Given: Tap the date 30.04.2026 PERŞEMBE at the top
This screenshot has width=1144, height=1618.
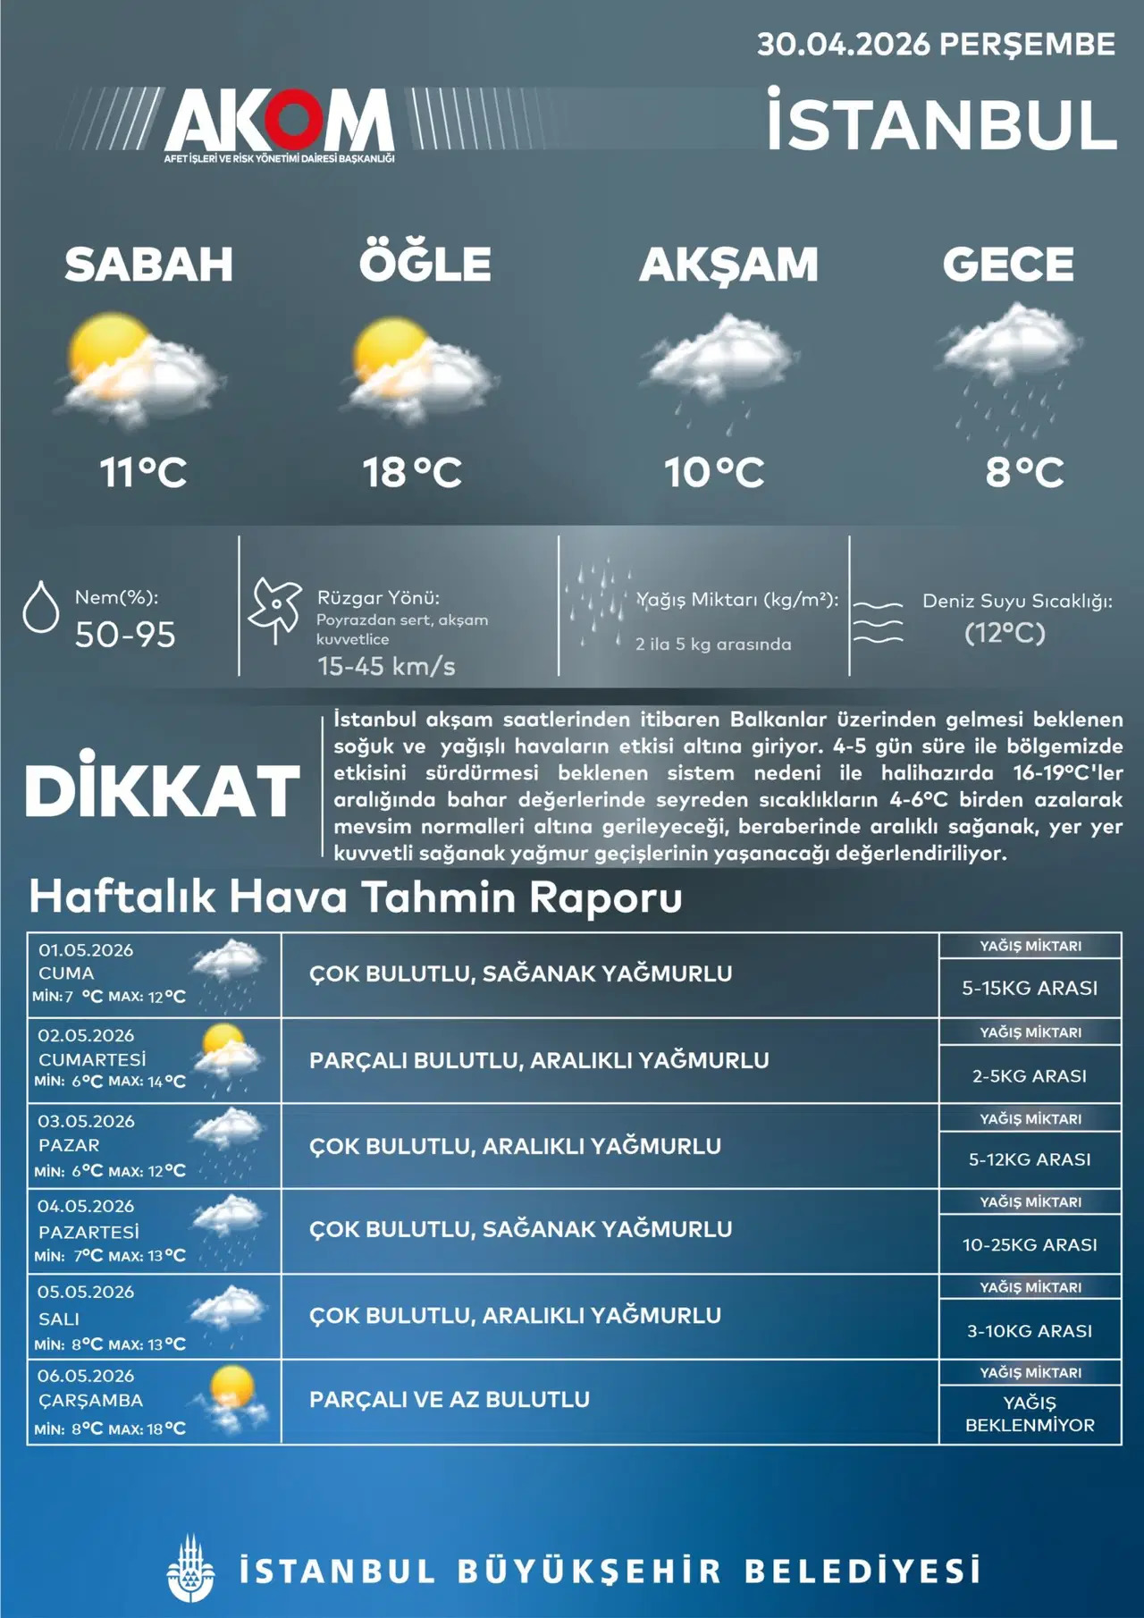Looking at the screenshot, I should click(x=936, y=45).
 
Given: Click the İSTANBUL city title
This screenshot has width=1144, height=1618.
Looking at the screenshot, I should click(x=942, y=124).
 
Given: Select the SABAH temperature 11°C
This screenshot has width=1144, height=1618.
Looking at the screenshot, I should click(x=143, y=472).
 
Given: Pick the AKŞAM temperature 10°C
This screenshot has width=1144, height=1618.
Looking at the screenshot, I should click(x=714, y=472).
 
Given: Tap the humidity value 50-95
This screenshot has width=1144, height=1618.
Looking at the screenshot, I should click(x=125, y=635).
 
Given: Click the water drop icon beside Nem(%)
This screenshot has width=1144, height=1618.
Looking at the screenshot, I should click(x=40, y=607).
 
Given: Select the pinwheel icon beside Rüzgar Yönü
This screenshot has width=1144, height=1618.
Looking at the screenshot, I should click(x=274, y=608).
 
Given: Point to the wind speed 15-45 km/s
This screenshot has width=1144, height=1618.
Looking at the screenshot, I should click(x=386, y=666).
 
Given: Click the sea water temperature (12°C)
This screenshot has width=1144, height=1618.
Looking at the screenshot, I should click(x=1005, y=633).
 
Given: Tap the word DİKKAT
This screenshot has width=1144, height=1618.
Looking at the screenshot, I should click(x=163, y=789).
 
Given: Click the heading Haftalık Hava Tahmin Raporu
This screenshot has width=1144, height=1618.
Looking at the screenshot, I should click(x=356, y=897).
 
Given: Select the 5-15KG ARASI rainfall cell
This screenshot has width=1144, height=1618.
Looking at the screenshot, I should click(x=1030, y=988).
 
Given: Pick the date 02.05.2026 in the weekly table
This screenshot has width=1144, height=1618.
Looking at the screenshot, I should click(x=86, y=1035).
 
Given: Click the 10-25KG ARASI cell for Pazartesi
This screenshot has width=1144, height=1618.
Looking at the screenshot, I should click(x=1030, y=1244).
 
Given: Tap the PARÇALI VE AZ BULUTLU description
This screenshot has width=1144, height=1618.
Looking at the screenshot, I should click(x=450, y=1400).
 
